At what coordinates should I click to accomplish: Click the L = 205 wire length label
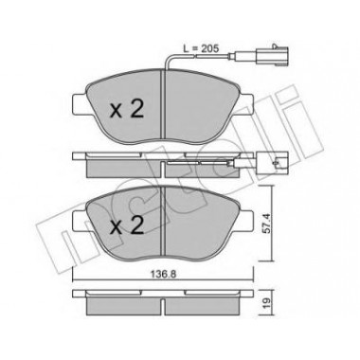201,48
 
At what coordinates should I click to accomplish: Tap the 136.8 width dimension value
163,274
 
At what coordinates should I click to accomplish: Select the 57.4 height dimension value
267,224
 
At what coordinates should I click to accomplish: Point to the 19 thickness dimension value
267,303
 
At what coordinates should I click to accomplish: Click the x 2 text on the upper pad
126,109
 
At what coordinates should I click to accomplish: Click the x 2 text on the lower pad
126,225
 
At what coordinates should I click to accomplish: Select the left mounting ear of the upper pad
80,104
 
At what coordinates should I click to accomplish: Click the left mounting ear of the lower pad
80,221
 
